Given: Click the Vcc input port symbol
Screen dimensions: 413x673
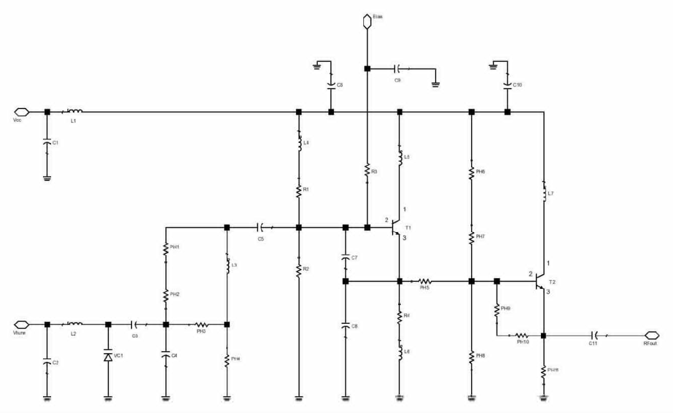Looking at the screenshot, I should click(21, 112).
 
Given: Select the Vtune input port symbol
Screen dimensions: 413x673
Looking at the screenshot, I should click(21, 324).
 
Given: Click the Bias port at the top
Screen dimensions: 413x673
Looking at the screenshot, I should click(367, 22).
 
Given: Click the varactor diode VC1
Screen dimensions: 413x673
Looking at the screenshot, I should click(108, 357).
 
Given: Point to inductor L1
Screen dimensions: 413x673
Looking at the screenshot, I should click(74, 112).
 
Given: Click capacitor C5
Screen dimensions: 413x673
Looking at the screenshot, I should click(261, 228).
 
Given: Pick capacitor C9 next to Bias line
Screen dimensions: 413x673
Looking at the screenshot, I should click(398, 69).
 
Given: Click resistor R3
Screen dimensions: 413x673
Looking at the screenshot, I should click(367, 170).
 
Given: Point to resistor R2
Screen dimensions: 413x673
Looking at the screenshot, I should click(298, 270).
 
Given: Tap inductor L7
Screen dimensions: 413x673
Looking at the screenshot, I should click(544, 193).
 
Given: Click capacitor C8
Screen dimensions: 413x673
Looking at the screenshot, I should click(345, 326).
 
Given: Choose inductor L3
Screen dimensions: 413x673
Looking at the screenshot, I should click(227, 265).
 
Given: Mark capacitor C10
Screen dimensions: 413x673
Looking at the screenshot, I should click(508, 84).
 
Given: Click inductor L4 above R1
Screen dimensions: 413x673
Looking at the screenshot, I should click(298, 145).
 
